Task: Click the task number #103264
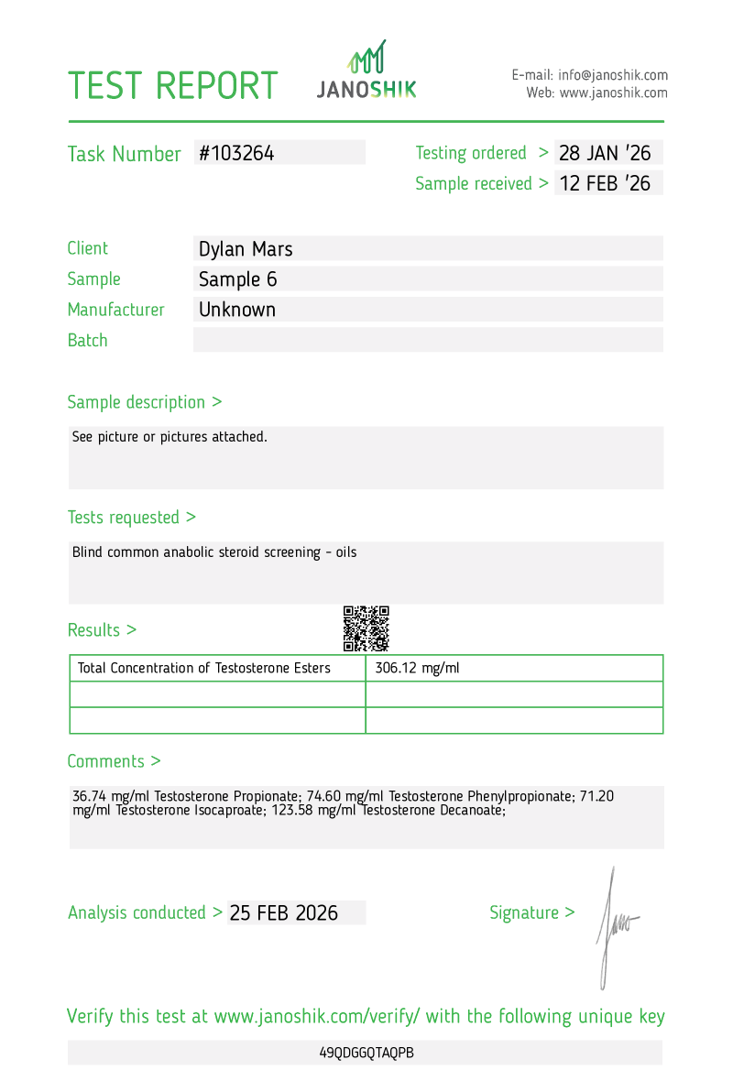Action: coord(236,153)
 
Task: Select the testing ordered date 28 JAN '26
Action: coord(605,153)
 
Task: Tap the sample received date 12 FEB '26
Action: coord(605,183)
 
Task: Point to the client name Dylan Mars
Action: coord(246,248)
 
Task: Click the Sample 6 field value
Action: coord(237,278)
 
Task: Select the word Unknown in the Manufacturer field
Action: coord(237,310)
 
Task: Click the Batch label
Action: coord(87,340)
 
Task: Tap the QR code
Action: coord(366,628)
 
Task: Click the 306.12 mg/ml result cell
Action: coord(417,668)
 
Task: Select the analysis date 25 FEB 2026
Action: coord(284,912)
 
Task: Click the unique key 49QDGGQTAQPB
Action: coord(366,1053)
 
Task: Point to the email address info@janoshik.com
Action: coord(613,75)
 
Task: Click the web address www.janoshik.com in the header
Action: coord(613,93)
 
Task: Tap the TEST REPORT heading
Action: coord(173,85)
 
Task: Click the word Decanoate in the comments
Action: coord(470,810)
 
